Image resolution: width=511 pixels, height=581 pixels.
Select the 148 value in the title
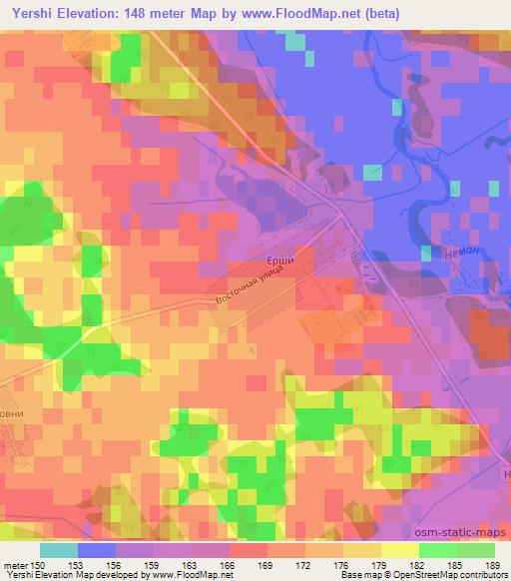click(157, 12)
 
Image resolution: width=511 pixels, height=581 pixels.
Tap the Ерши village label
click(281, 261)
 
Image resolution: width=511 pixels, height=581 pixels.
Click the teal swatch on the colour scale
click(59, 550)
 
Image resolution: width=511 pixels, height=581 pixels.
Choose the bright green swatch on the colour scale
click(438, 550)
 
